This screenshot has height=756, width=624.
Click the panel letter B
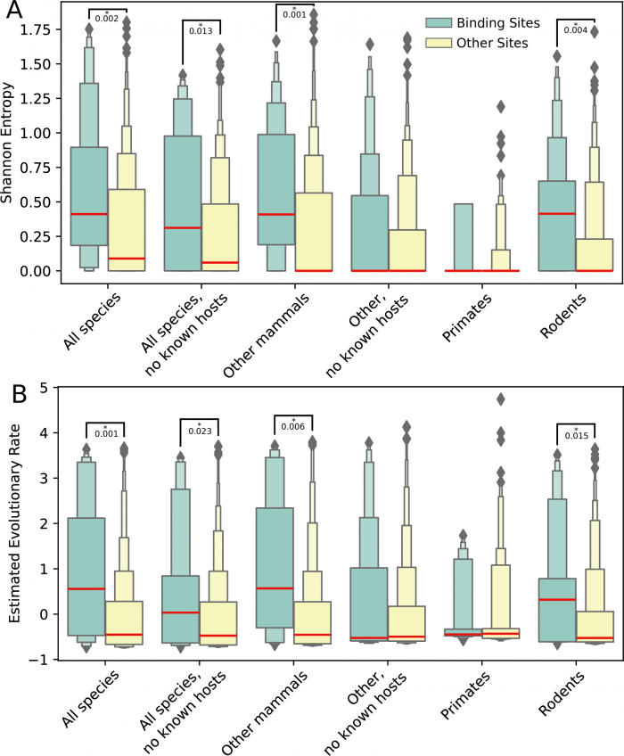(17, 392)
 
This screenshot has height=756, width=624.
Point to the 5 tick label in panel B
(43, 388)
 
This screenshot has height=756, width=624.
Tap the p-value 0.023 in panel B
(199, 431)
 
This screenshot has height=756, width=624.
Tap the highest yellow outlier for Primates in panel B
(501, 399)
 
